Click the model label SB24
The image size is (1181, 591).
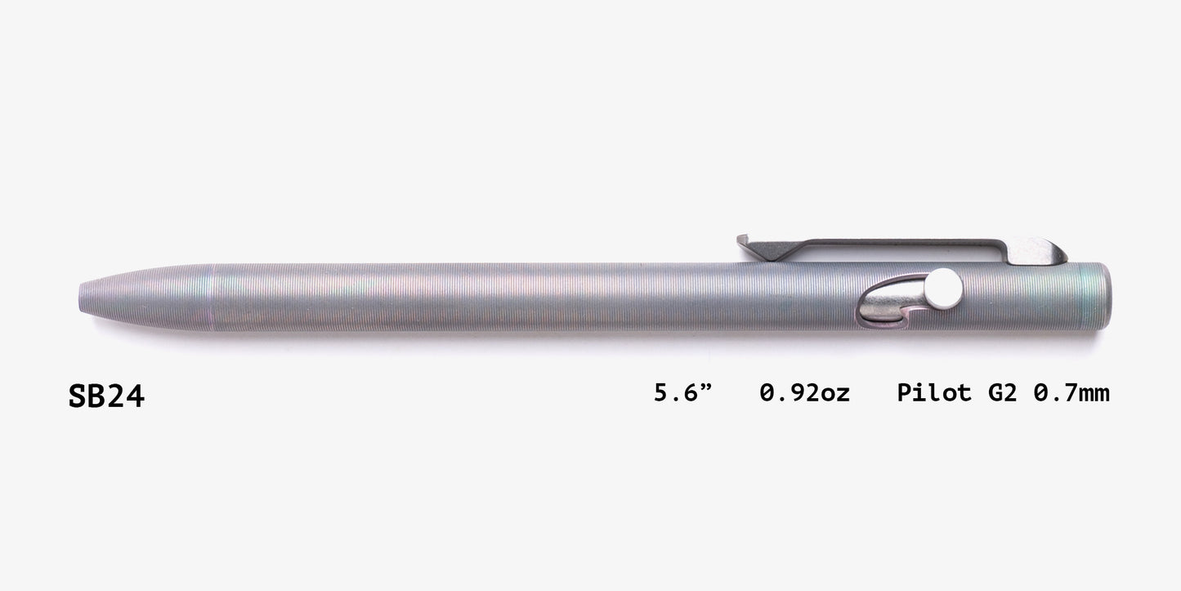coord(106,396)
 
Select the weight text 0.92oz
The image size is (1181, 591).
coord(804,393)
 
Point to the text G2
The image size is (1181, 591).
coord(1003,393)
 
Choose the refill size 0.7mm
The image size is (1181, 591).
coord(1071,393)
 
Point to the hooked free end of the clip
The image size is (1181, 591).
coord(744,242)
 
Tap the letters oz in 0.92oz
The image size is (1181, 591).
coord(835,393)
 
